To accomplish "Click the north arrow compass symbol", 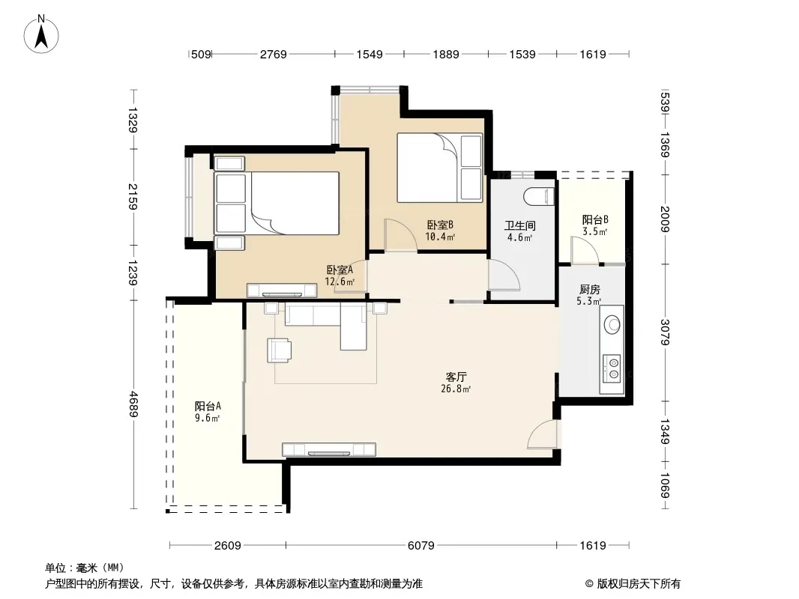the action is click(x=41, y=34).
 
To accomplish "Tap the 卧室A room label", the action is click(x=340, y=270).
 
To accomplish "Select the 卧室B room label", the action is click(x=440, y=225).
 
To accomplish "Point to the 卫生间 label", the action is click(x=519, y=225).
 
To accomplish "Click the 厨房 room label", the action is click(x=590, y=290).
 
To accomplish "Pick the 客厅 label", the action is click(x=456, y=377).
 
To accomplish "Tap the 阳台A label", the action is click(x=208, y=406).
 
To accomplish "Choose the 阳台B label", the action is click(x=595, y=220).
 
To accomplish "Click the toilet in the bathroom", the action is click(x=539, y=196).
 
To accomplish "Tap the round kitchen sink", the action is click(x=612, y=323).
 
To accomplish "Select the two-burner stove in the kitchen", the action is click(x=612, y=368).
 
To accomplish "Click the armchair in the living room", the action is click(x=280, y=350).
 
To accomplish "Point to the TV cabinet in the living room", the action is click(x=329, y=449).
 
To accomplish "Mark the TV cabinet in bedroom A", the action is click(x=282, y=290).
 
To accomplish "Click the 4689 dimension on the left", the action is click(x=133, y=404).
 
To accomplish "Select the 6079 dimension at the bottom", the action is click(x=421, y=546).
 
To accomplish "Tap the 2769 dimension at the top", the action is click(x=273, y=54).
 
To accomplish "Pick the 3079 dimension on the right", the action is click(x=665, y=332).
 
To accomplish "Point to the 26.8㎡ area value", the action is click(x=456, y=389).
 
